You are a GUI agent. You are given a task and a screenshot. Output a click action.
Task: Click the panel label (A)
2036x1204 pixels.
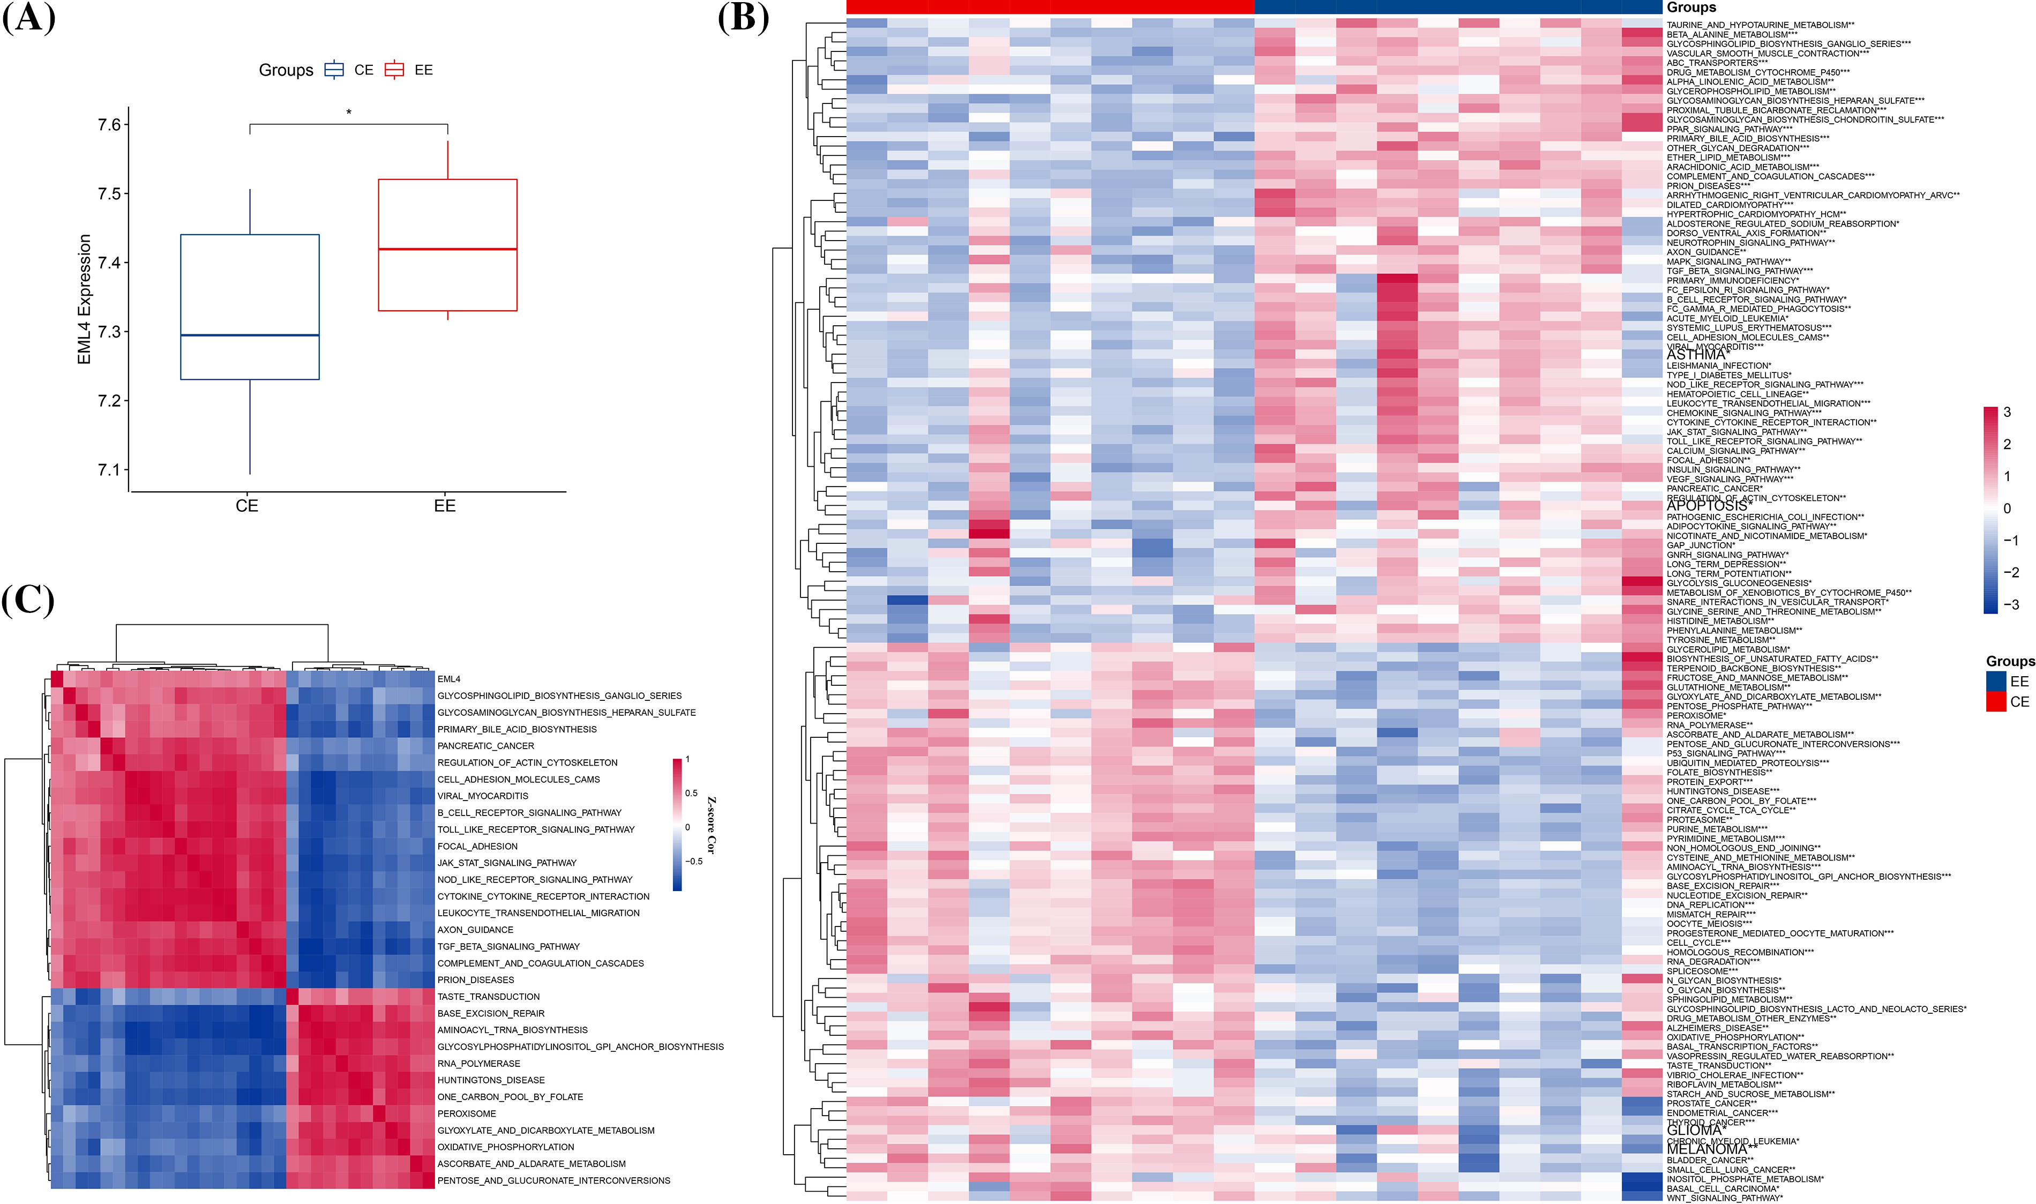pyautogui.click(x=29, y=18)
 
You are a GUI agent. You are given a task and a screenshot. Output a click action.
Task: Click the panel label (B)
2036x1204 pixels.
pyautogui.click(x=743, y=18)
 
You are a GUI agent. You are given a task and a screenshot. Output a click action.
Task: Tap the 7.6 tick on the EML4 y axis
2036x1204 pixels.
pyautogui.click(x=109, y=125)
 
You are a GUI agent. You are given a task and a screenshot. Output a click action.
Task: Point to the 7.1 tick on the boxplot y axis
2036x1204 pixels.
pyautogui.click(x=109, y=470)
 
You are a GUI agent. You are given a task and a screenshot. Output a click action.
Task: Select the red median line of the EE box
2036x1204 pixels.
pyautogui.click(x=448, y=249)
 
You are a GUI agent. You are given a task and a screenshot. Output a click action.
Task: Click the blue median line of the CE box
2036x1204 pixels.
pyautogui.click(x=250, y=335)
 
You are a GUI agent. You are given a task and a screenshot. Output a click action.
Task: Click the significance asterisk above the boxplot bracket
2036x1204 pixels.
pyautogui.click(x=349, y=113)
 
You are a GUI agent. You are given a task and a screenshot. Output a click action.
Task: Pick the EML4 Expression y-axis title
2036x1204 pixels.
pyautogui.click(x=84, y=300)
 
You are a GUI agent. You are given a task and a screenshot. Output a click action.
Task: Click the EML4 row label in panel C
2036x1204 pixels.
pyautogui.click(x=448, y=679)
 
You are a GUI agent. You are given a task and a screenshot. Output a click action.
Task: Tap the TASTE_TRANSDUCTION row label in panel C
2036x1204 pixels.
pyautogui.click(x=488, y=996)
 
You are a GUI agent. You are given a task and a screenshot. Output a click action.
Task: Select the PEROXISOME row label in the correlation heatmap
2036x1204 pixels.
pyautogui.click(x=467, y=1113)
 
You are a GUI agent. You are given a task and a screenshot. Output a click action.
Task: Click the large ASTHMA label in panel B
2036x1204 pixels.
pyautogui.click(x=1695, y=355)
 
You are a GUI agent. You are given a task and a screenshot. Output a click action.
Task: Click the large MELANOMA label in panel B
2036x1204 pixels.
pyautogui.click(x=1703, y=1149)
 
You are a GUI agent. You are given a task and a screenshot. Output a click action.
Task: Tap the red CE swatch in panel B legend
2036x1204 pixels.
pyautogui.click(x=1995, y=702)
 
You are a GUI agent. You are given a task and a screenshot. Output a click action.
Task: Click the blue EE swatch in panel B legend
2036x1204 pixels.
pyautogui.click(x=1995, y=682)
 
